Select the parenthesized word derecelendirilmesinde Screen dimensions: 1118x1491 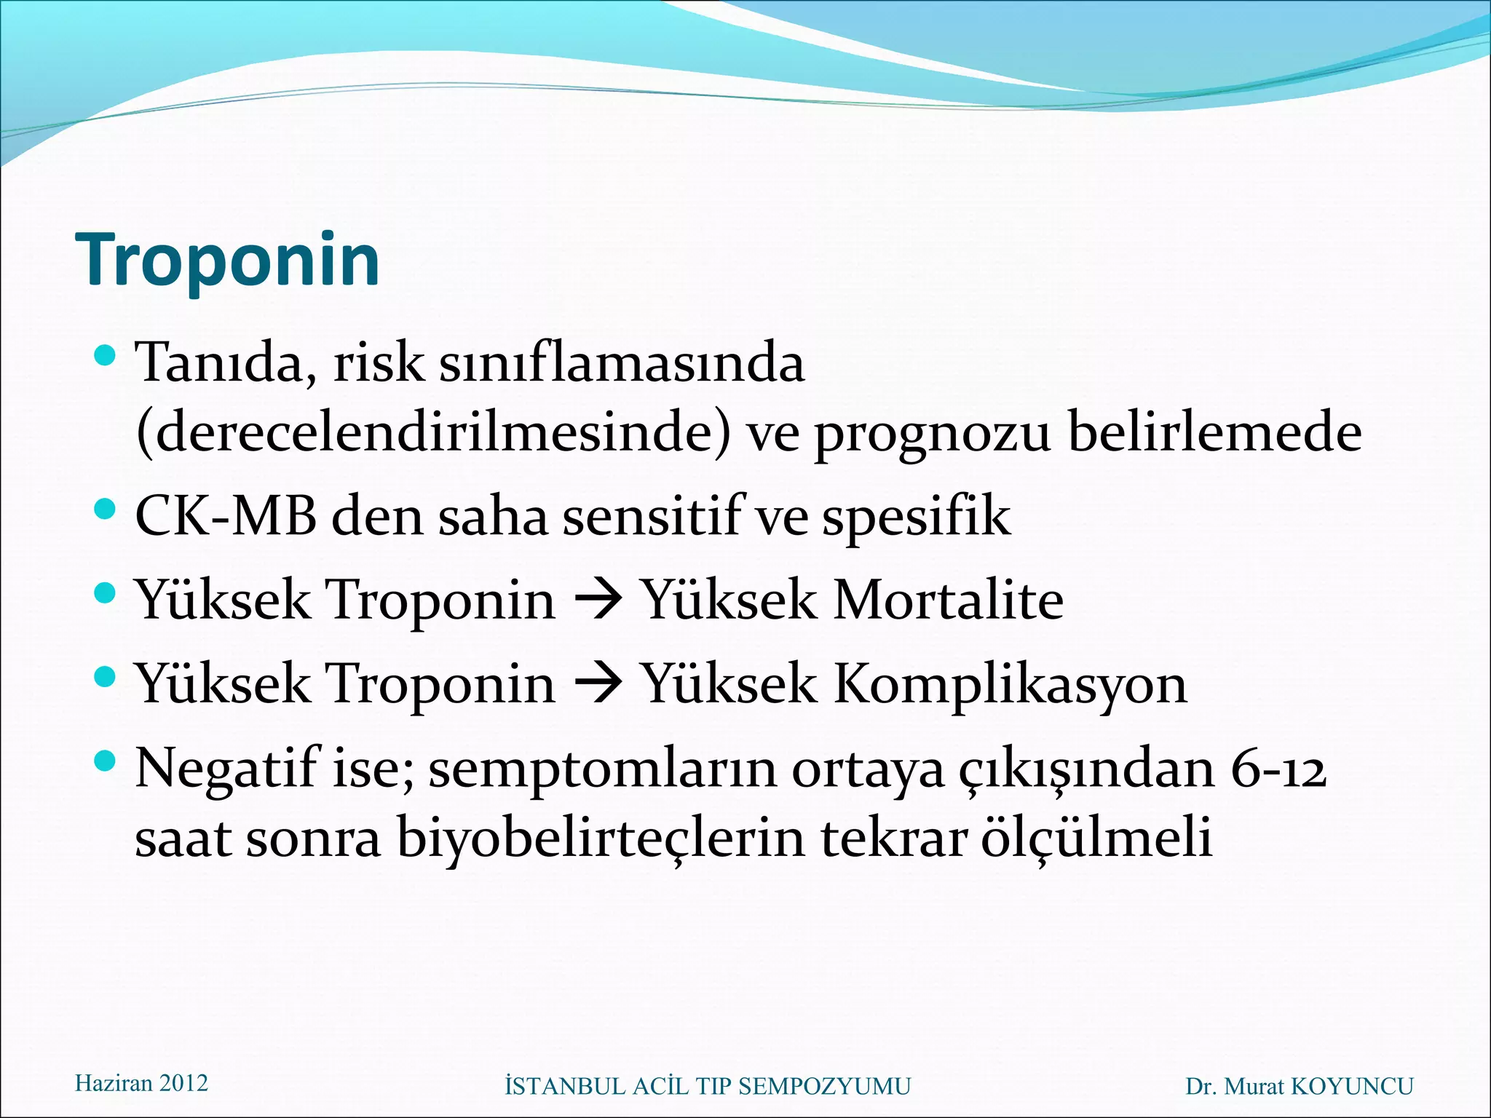(x=433, y=432)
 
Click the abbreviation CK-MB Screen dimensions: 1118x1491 (x=226, y=516)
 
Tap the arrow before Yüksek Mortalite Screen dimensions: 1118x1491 (x=598, y=601)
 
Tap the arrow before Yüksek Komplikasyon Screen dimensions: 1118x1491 (x=598, y=685)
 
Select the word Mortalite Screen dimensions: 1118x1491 (x=948, y=600)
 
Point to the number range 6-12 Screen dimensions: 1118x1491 (x=1278, y=769)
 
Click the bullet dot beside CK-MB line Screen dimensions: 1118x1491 (x=106, y=508)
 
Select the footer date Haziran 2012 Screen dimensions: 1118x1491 (x=141, y=1083)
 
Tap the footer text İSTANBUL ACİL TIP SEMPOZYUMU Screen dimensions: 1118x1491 (x=707, y=1087)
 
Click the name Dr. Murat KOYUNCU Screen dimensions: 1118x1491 (x=1300, y=1087)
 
